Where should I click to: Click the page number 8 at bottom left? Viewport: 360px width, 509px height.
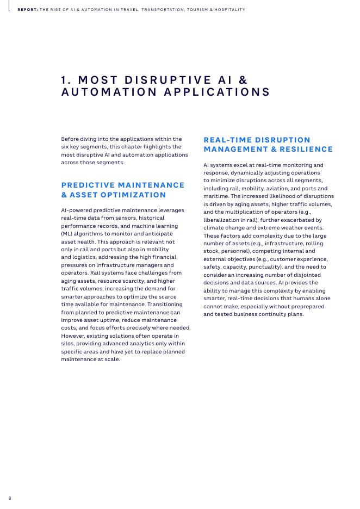pos(10,498)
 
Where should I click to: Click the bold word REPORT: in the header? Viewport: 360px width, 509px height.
pos(28,10)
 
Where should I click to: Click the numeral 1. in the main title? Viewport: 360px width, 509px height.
pos(67,79)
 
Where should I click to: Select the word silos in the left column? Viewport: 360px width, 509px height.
pos(68,344)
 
